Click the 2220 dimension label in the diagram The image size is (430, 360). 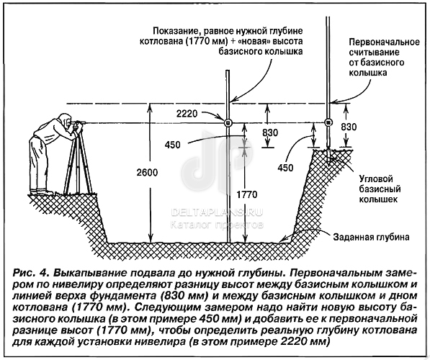[x=187, y=113]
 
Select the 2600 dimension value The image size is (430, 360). [x=147, y=173]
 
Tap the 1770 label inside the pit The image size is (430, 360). [x=247, y=194]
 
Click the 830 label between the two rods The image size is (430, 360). [x=270, y=132]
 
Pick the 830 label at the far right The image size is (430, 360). [x=349, y=127]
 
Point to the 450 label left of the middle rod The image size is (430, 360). [x=172, y=145]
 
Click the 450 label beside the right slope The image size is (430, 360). [x=285, y=168]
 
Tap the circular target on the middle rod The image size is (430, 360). [x=228, y=122]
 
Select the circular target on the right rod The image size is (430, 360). [x=328, y=122]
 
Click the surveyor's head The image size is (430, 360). [x=65, y=120]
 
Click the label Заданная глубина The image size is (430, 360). [x=371, y=237]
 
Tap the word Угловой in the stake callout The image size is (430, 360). [x=376, y=179]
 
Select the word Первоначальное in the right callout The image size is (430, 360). [x=384, y=42]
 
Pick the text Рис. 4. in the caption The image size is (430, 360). [x=31, y=273]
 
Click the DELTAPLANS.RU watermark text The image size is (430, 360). [x=217, y=212]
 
